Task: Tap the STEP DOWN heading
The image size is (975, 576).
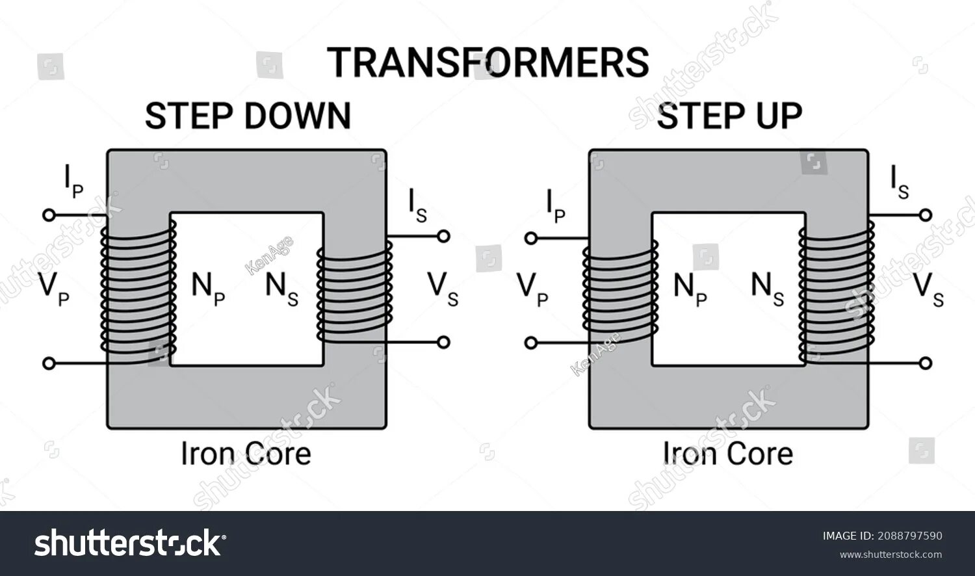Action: pyautogui.click(x=248, y=116)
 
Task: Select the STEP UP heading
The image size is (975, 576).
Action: pyautogui.click(x=729, y=116)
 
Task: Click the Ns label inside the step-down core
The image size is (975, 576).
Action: pyautogui.click(x=281, y=288)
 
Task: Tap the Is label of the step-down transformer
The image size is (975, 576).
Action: pyautogui.click(x=417, y=205)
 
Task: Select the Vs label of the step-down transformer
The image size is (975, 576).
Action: pyautogui.click(x=443, y=288)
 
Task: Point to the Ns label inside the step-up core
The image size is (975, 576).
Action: pyautogui.click(x=767, y=288)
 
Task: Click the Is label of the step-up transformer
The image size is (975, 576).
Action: pyautogui.click(x=900, y=182)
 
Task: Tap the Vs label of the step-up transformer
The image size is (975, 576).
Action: pyautogui.click(x=928, y=288)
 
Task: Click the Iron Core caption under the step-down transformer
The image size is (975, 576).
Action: pyautogui.click(x=246, y=454)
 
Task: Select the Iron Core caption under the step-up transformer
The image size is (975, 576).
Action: pyautogui.click(x=728, y=454)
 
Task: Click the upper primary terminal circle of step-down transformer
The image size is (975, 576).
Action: pyautogui.click(x=48, y=215)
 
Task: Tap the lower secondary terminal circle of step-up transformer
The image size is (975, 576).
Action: pyautogui.click(x=926, y=363)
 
